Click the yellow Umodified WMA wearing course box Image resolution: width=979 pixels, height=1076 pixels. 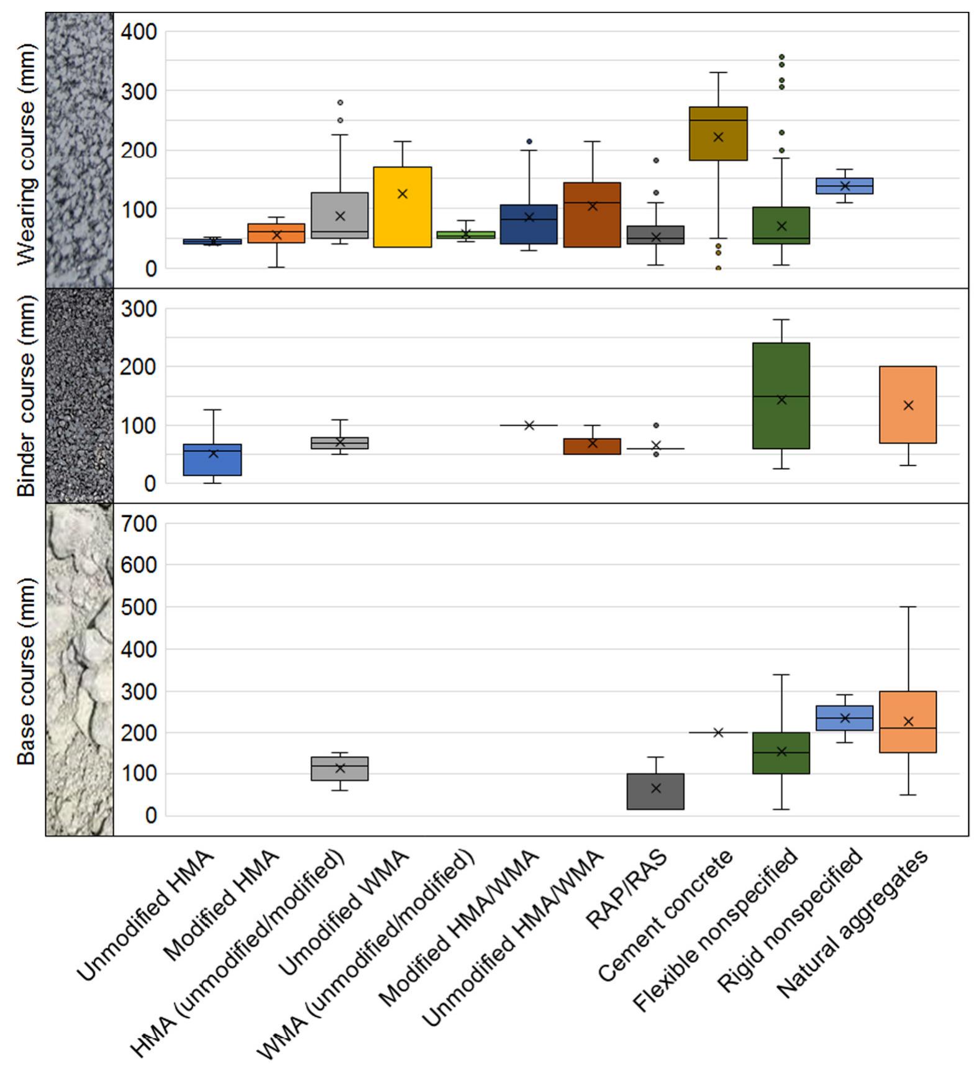402,207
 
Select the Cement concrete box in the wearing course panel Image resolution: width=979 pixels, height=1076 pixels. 718,134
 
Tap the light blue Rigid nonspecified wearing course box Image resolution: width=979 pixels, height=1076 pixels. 844,186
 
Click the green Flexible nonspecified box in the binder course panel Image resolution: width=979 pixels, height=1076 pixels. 781,395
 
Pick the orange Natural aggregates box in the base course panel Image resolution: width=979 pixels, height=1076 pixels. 908,721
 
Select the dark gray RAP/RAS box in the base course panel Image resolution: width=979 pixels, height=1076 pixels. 655,791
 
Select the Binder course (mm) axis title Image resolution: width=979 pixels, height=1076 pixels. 26,396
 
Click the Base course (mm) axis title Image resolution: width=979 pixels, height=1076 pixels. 26,671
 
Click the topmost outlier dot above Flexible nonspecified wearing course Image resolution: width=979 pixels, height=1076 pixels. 781,57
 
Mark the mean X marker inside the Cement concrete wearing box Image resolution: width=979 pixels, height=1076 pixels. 718,137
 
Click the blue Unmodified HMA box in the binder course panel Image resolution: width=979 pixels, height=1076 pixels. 213,460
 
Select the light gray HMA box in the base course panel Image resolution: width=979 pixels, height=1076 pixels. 340,768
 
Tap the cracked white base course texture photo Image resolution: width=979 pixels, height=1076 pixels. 80,669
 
